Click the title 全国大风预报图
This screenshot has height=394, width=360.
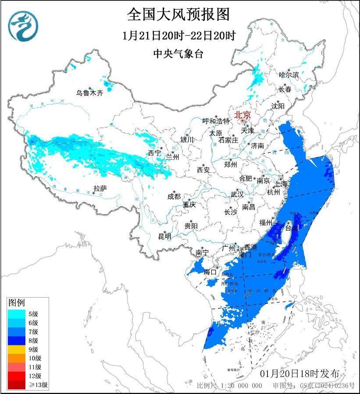tap(178, 14)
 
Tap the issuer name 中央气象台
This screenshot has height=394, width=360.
tap(178, 53)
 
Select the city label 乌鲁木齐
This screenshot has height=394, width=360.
tap(89, 93)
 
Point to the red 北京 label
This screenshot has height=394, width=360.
tap(242, 115)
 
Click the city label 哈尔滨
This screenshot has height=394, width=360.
tap(289, 75)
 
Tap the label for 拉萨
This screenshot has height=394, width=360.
tap(100, 188)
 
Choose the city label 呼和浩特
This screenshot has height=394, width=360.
tap(216, 121)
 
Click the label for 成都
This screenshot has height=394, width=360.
tap(174, 197)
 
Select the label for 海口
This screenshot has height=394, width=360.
tap(210, 272)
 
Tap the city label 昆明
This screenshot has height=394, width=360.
tap(165, 236)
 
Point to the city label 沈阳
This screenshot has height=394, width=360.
tap(278, 106)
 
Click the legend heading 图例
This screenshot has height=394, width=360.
tap(17, 302)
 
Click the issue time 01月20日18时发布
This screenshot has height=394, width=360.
tap(299, 373)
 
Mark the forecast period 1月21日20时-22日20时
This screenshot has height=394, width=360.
tap(178, 35)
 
